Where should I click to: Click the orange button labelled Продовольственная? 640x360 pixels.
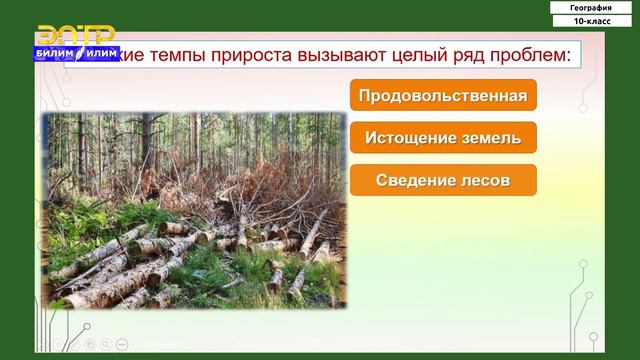(443, 96)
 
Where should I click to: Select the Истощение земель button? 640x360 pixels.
(443, 138)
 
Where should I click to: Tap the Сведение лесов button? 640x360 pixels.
(443, 180)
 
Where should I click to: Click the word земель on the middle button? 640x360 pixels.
(490, 138)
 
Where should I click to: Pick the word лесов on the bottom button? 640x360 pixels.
(484, 180)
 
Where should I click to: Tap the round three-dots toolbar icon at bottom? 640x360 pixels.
(121, 343)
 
